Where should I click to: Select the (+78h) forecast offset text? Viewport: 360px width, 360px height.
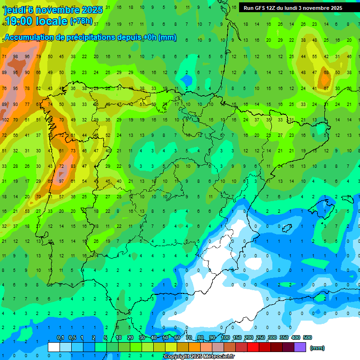pos(81,21)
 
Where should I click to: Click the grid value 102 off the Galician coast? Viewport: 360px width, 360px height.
pos(5,120)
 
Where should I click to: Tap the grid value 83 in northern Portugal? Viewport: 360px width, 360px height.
pos(73,166)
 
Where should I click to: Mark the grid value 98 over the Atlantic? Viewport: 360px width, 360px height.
pos(15,57)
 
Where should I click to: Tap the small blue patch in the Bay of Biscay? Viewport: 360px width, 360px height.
pos(187,81)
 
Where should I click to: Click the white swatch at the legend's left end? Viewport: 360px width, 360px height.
pos(54,347)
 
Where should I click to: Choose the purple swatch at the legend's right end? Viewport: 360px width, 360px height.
pos(300,347)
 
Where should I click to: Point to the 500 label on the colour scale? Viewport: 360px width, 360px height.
pos(307,338)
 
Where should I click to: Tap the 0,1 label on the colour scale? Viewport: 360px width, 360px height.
pos(60,338)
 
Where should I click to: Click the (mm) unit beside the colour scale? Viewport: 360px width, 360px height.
pos(317,348)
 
